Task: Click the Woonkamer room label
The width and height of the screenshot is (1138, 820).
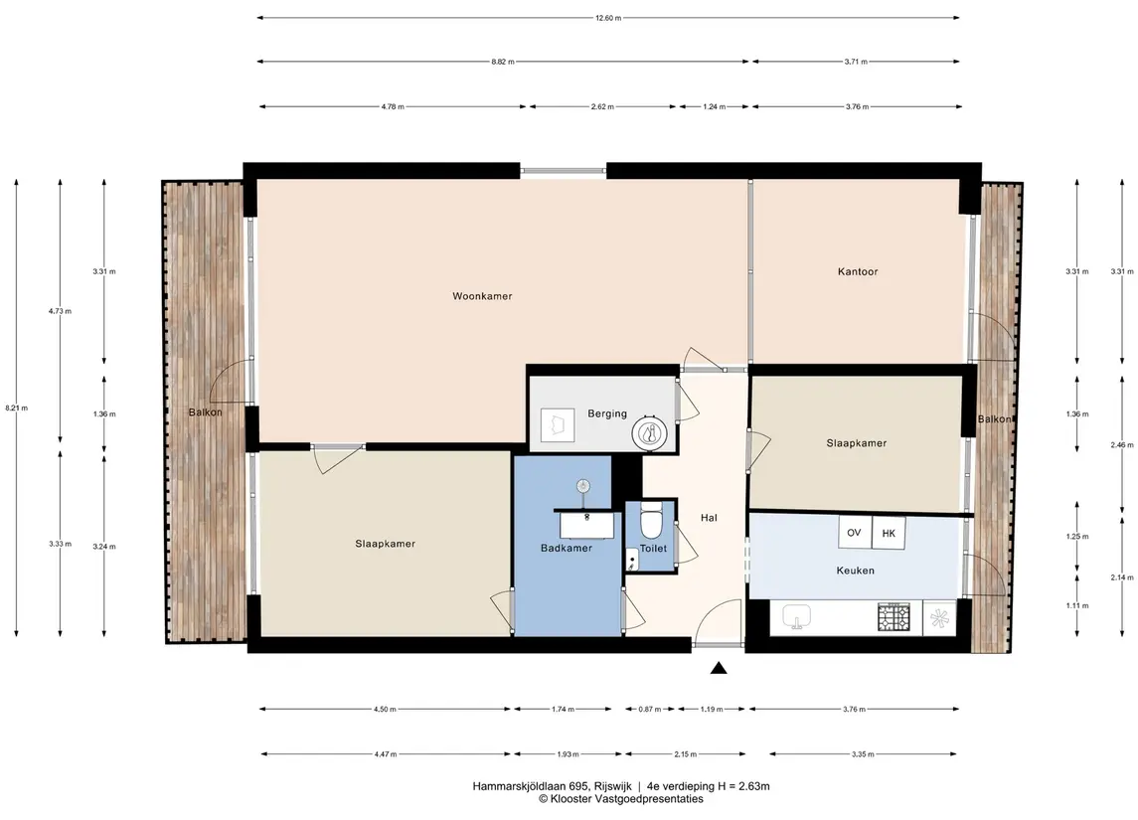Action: [x=482, y=296]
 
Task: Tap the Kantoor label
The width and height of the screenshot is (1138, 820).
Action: [x=857, y=271]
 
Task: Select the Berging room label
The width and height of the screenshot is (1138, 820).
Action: [x=606, y=413]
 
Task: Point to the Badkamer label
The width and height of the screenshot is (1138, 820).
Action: [x=567, y=548]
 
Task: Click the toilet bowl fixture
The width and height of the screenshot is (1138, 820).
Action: [x=651, y=521]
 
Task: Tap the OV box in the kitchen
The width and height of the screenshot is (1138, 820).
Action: [x=854, y=533]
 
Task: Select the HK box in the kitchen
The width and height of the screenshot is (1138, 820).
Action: [x=889, y=534]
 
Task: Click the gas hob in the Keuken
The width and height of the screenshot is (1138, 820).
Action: [x=894, y=617]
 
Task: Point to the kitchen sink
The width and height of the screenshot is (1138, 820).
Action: [x=797, y=617]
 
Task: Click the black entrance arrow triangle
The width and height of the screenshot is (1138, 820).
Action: [x=719, y=668]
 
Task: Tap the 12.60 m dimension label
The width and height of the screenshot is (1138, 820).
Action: [x=608, y=18]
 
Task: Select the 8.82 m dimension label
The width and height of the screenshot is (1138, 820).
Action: [x=502, y=62]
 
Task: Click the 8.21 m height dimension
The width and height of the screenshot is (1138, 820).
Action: [x=16, y=408]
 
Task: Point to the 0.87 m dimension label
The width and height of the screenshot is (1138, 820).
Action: [x=650, y=709]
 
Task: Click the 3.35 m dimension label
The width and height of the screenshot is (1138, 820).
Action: [x=863, y=754]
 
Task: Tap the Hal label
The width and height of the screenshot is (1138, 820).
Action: [x=709, y=518]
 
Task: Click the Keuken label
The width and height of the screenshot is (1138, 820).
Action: [x=855, y=571]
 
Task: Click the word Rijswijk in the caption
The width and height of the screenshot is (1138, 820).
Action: [x=612, y=786]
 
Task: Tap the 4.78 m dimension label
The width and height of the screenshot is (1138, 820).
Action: [x=393, y=106]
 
